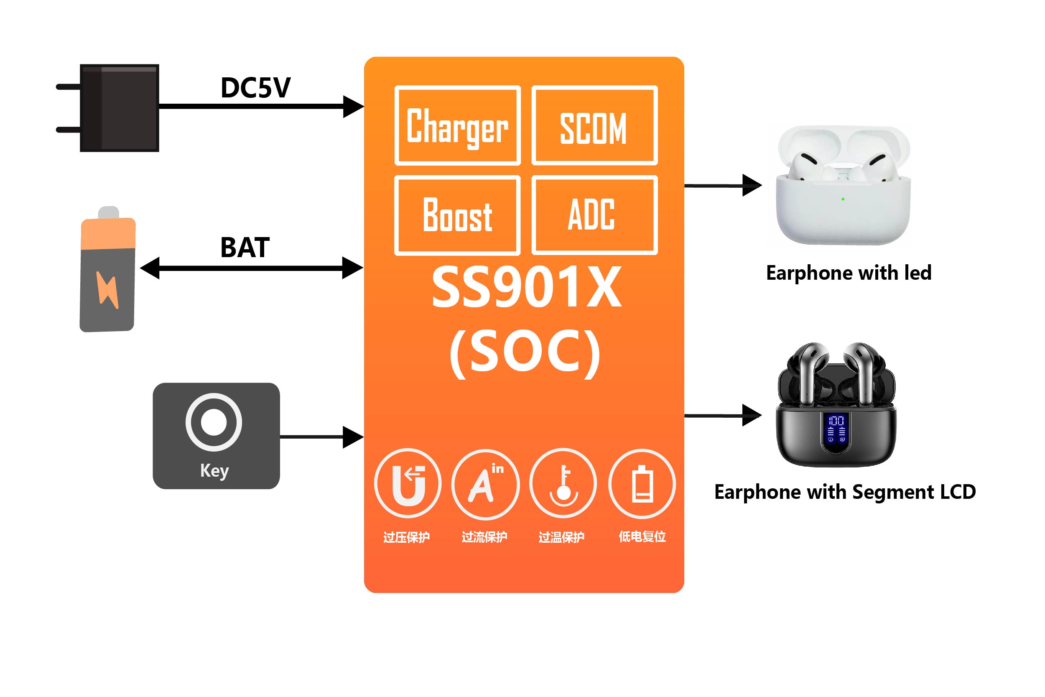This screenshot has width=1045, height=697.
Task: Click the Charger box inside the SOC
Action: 457,125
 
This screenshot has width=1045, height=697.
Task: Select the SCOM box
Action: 594,125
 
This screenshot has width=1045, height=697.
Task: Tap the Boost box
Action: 457,215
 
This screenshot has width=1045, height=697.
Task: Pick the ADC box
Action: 594,215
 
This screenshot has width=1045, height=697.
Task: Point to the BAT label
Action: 245,248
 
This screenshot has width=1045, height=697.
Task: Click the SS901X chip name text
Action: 527,287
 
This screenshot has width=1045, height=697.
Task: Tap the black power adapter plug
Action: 119,108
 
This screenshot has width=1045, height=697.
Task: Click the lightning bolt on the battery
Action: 107,290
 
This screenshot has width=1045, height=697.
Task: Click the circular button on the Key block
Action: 214,422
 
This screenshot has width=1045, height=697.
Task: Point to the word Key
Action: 214,470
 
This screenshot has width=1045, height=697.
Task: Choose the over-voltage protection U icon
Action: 408,484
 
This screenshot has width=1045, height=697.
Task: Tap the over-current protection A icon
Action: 485,484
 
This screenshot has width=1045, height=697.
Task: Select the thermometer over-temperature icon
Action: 563,484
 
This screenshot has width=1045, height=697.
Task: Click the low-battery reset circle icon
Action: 642,484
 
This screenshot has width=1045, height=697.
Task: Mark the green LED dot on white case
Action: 843,199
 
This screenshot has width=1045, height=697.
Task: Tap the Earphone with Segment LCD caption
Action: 845,492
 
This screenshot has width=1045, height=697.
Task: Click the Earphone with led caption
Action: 849,273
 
